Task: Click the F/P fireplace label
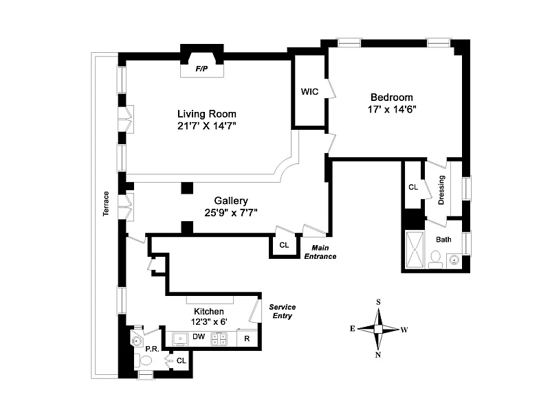(x=202, y=69)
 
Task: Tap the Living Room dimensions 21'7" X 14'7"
(x=206, y=126)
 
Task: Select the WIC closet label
(x=309, y=92)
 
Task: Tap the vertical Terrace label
(x=106, y=203)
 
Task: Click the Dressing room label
(x=441, y=190)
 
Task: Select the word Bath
(x=443, y=240)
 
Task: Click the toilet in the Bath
(x=434, y=258)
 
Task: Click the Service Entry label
(x=282, y=311)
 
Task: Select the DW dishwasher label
(x=198, y=336)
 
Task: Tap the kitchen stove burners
(x=221, y=338)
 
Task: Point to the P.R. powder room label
(x=152, y=349)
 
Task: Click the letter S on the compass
(x=377, y=301)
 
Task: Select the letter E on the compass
(x=352, y=329)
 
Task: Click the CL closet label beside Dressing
(x=413, y=187)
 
